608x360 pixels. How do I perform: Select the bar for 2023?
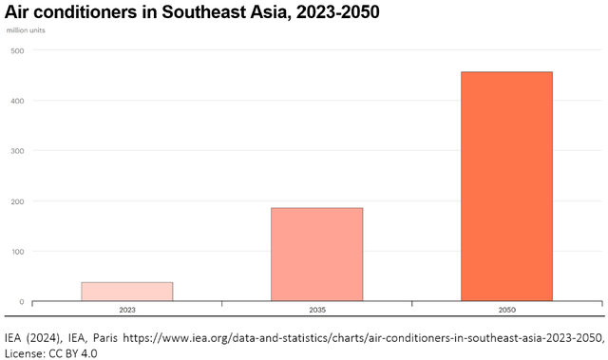126,292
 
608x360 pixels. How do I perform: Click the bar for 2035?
316,255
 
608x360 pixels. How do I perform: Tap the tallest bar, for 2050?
506,186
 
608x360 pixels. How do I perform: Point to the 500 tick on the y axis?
17,50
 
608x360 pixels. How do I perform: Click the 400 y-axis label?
17,101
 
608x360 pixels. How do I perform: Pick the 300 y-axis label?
17,151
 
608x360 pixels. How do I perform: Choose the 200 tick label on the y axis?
17,201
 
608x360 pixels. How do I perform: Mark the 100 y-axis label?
17,252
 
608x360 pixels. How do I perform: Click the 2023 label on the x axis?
126,311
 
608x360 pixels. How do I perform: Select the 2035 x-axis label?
316,311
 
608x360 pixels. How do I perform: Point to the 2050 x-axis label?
506,311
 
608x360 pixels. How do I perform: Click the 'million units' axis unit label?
26,30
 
